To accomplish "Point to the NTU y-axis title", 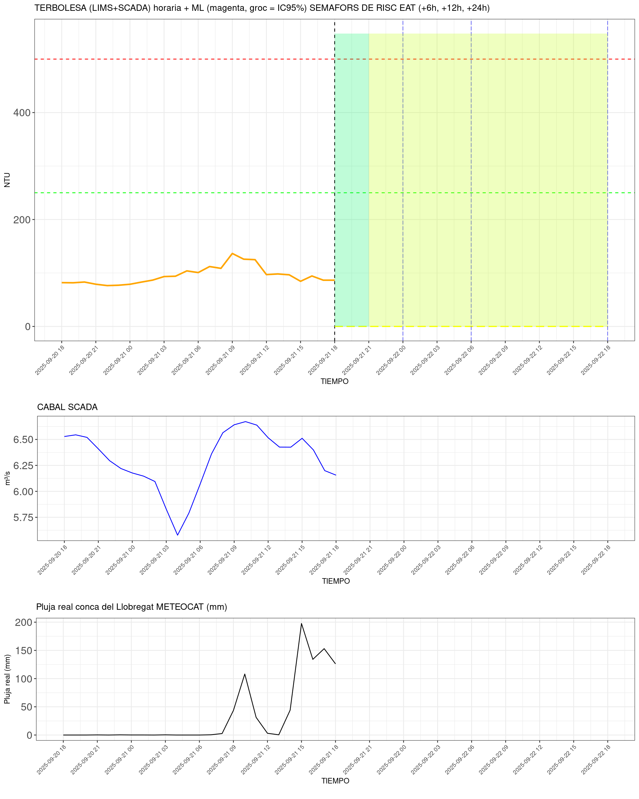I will (7, 180).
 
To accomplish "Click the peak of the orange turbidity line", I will (232, 254).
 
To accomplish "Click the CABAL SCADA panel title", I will (67, 407).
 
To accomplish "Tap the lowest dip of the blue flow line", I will (177, 535).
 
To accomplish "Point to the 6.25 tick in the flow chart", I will (23, 466).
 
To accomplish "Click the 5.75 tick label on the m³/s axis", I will (23, 517).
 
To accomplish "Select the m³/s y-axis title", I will (7, 478).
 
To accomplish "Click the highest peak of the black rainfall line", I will (301, 623).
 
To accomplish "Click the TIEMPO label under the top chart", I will (334, 381).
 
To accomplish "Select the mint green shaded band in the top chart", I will (352, 178).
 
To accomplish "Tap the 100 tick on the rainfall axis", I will (23, 679).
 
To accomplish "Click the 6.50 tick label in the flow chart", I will (23, 439).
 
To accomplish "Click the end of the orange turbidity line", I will (334, 280).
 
